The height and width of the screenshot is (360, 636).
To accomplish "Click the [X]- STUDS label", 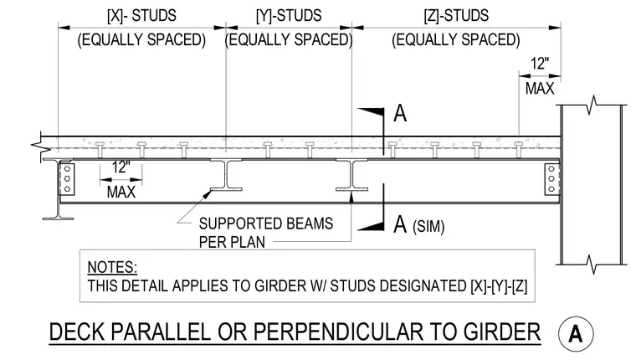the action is pos(141,16).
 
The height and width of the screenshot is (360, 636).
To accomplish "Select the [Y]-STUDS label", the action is pos(289,16).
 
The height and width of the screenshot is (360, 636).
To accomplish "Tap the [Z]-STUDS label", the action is pos(456,16).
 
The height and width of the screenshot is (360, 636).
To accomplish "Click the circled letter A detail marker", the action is pos(576,333).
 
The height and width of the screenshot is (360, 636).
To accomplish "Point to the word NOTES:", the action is pos(112,267).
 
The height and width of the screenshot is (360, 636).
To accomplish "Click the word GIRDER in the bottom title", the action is pos(502,332).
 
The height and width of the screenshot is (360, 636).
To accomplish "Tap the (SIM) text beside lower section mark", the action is pos(428,227).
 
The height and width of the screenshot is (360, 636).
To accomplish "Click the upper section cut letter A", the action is pos(400,113).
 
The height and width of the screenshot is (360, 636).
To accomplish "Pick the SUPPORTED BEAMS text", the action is pos(266,224).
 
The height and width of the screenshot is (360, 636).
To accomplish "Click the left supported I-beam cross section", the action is pos(226,174).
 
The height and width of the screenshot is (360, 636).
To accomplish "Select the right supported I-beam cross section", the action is pos(352,174).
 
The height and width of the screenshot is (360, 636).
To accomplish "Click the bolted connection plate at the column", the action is pos(551,179).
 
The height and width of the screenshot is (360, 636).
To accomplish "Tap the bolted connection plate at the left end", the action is pos(67,179).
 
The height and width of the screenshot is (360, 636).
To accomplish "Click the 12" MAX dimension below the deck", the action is pos(121,180).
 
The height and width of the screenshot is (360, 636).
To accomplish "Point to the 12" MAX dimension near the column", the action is pos(540,76).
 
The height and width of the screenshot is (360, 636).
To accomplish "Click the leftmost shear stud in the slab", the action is pos(100,150).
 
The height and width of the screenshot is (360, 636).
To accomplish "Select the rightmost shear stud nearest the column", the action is pos(519,150).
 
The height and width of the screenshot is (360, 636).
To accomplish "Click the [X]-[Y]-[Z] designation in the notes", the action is pos(499,286).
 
